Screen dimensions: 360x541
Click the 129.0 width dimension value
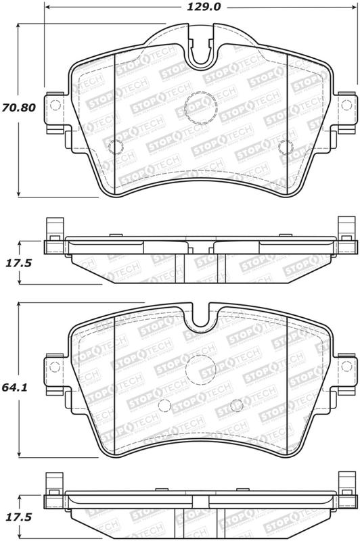(x=203, y=7)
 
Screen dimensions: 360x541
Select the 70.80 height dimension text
(x=19, y=108)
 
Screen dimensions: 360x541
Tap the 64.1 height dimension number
(x=14, y=387)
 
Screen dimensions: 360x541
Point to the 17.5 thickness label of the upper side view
(x=19, y=263)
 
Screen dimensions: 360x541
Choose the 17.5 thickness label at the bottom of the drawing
(x=19, y=517)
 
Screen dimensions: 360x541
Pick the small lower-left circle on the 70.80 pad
(x=115, y=147)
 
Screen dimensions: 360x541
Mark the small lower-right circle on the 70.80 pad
(x=286, y=147)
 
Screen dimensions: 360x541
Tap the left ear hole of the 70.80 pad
(x=55, y=105)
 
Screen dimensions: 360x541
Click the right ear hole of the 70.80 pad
(x=346, y=105)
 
